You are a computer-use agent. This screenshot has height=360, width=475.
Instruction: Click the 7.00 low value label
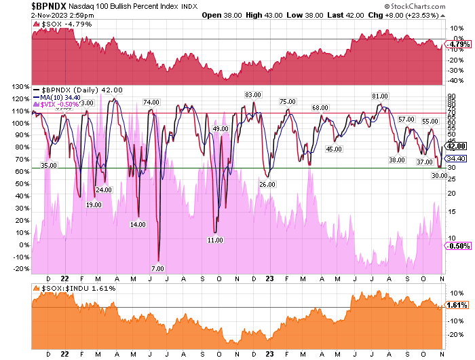(157, 269)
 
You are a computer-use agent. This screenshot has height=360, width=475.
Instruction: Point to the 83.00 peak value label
(253, 94)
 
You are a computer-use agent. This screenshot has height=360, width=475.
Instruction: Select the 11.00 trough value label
(215, 240)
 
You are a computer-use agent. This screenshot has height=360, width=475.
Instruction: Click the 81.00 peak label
(379, 96)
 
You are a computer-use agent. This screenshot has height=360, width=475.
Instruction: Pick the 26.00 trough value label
(267, 184)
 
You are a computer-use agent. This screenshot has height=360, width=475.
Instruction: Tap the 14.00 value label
(138, 224)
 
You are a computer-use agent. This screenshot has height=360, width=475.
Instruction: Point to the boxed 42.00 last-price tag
(453, 145)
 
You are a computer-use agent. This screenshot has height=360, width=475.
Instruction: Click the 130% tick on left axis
(16, 86)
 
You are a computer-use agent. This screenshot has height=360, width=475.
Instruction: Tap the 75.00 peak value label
(288, 101)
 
